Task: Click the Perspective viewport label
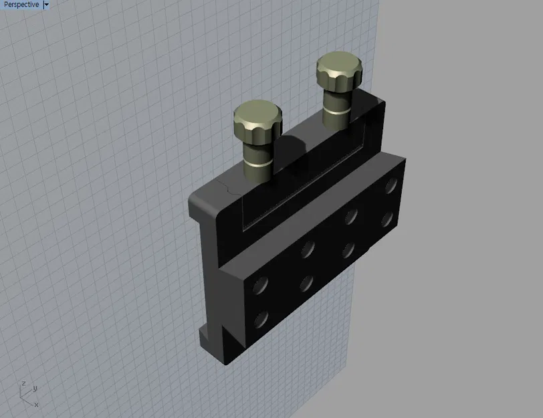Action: tap(21, 5)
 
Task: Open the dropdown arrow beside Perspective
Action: tap(45, 5)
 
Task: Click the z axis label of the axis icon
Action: tap(23, 383)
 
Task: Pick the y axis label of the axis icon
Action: tap(34, 388)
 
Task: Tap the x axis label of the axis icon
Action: tap(36, 404)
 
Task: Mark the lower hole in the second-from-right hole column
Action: tap(348, 251)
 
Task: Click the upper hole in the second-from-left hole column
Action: tap(308, 249)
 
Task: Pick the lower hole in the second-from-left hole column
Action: tap(307, 284)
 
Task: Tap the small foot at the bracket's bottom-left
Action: tap(205, 332)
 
